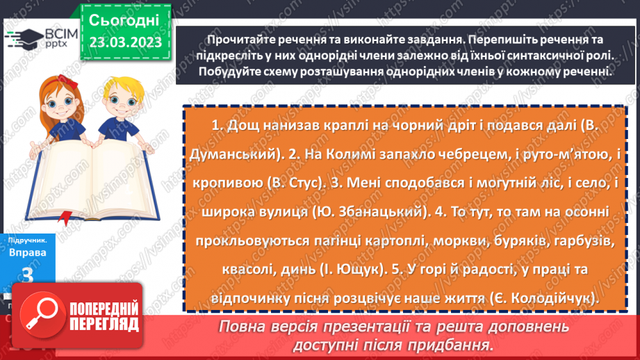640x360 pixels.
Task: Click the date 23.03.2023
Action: click(125, 42)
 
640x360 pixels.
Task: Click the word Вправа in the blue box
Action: click(28, 252)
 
